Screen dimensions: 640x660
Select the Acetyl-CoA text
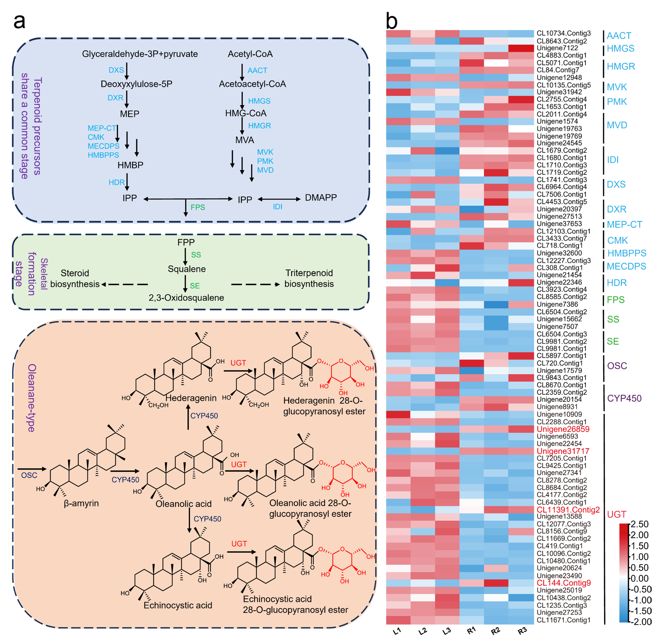[250, 54]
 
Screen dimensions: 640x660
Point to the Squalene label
[187, 269]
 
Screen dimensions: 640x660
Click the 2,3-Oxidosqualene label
[186, 298]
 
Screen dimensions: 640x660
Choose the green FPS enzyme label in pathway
[198, 208]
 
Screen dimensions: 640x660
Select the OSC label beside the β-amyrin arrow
[29, 475]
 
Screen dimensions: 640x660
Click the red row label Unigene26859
[563, 429]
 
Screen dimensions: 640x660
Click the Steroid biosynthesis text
[75, 278]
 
